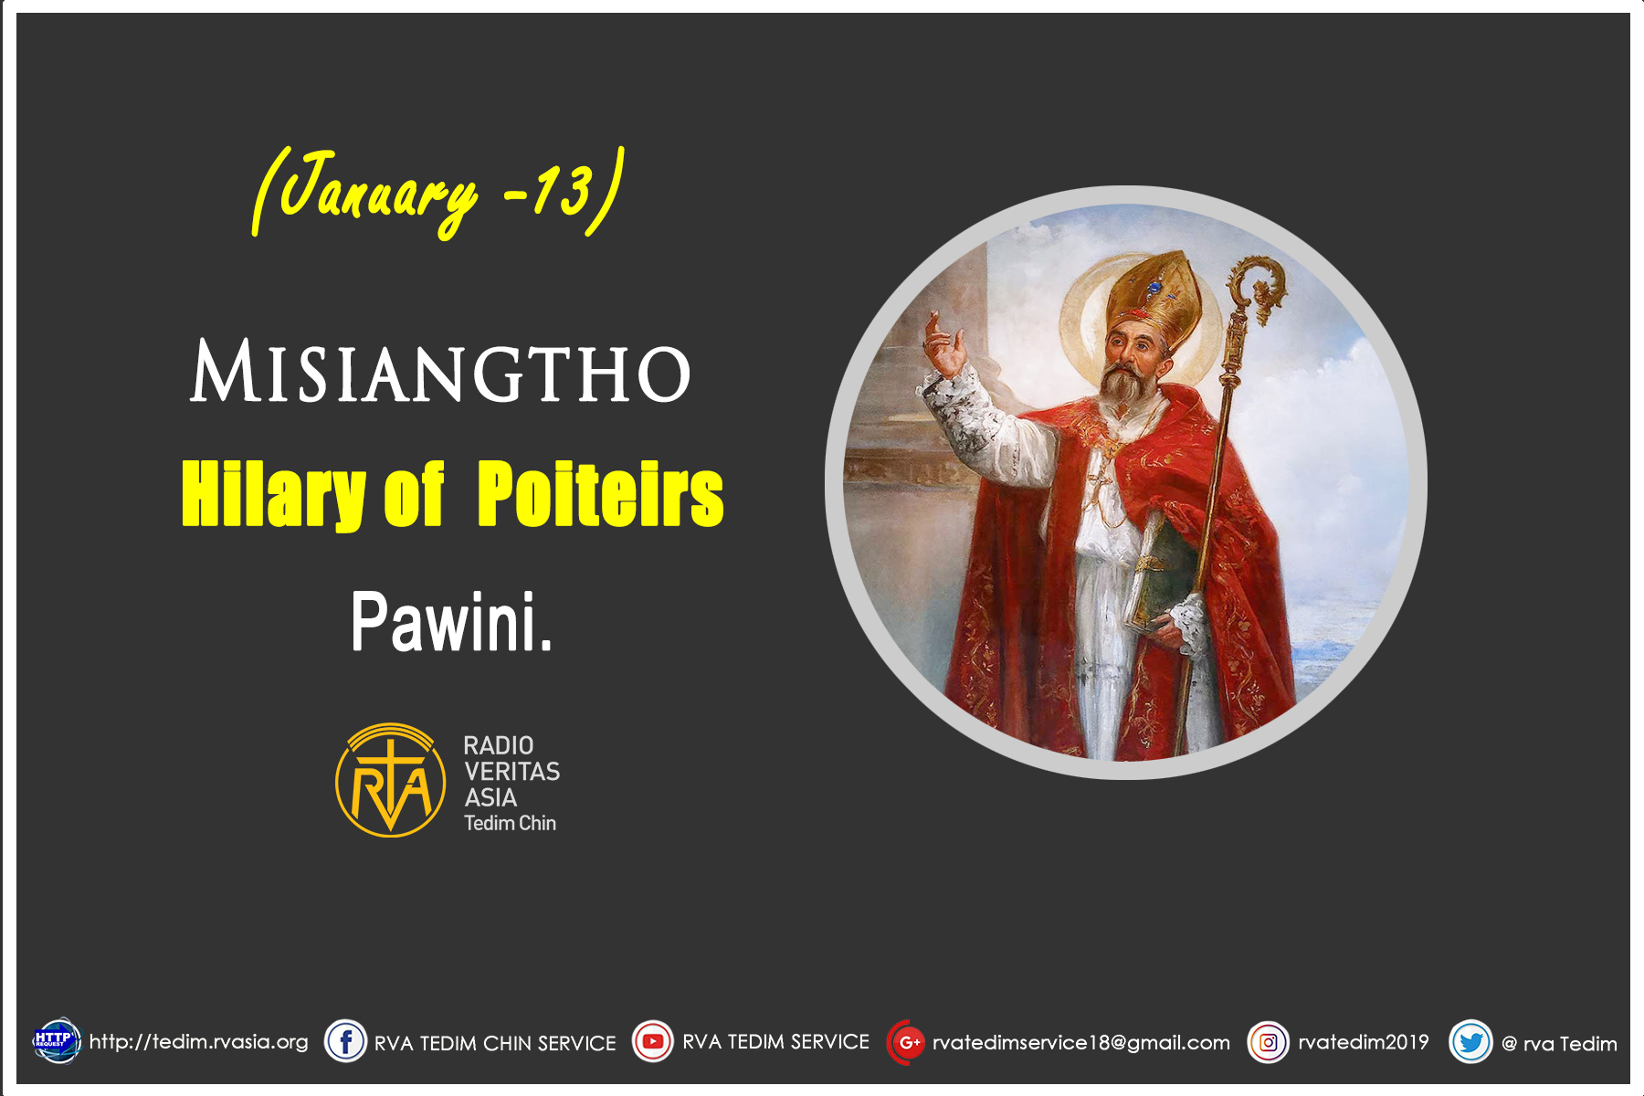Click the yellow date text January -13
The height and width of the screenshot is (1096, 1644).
[x=438, y=192]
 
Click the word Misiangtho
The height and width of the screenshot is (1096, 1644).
[x=440, y=372]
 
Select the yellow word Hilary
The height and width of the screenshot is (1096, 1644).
[x=273, y=494]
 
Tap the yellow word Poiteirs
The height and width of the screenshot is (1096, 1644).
[x=600, y=494]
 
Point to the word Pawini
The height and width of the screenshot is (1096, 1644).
[x=452, y=622]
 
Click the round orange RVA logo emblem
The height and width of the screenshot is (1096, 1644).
[x=391, y=780]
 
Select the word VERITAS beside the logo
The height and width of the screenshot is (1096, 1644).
[x=511, y=772]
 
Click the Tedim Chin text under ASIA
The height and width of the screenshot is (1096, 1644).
[x=510, y=823]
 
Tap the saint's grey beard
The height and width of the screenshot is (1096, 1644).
[x=1123, y=384]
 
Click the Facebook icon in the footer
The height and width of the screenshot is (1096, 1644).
[x=346, y=1042]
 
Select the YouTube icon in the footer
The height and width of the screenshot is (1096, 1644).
[x=653, y=1042]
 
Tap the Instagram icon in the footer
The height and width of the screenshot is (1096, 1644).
[x=1269, y=1042]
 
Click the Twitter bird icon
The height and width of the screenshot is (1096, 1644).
[x=1470, y=1042]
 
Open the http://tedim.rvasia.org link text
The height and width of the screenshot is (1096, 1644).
[x=199, y=1042]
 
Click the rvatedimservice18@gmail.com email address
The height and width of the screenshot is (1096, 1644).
[x=1081, y=1043]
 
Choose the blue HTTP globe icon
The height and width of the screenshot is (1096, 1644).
[x=57, y=1041]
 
